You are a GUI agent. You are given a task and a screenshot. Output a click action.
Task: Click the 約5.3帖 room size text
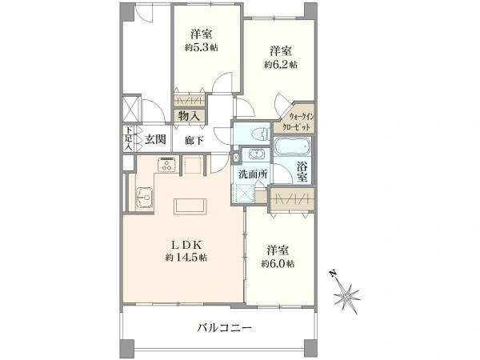[x=202, y=48]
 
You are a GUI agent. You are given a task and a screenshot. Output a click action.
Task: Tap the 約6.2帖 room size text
[x=282, y=65]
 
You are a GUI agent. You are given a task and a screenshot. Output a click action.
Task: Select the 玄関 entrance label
[x=155, y=140]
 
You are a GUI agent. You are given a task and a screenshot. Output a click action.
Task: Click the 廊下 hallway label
[x=193, y=140]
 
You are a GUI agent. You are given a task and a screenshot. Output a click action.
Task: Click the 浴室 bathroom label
[x=303, y=173]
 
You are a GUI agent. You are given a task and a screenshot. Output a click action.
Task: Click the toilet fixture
[x=257, y=134]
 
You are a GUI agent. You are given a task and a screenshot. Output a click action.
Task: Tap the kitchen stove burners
[x=167, y=166]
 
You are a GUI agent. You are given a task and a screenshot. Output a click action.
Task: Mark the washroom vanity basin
[x=257, y=154]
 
